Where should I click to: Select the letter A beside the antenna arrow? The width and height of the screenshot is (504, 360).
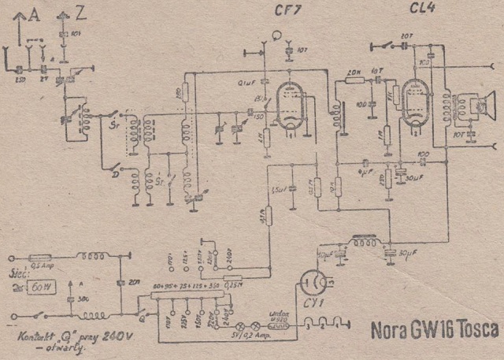32,11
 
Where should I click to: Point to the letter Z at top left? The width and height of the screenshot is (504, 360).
82,11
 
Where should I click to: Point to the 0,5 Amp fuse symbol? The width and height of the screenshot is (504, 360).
40,257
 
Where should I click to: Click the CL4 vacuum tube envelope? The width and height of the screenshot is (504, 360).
415,103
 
